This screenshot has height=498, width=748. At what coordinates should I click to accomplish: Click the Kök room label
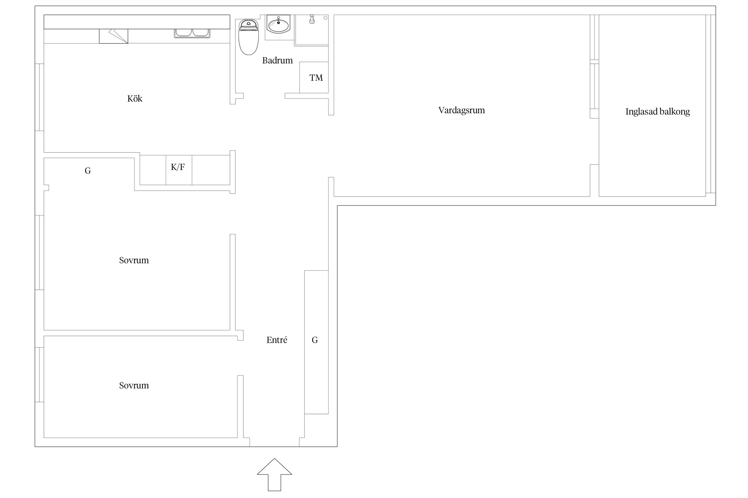coord(135,99)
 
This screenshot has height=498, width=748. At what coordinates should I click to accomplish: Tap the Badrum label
coord(277,60)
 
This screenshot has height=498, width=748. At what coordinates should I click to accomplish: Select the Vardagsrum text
coord(461,110)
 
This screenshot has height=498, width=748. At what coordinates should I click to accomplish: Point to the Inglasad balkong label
coord(658,112)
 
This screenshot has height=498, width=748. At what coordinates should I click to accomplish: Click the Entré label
coord(277,340)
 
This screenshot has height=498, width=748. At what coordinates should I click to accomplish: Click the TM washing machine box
coord(314,77)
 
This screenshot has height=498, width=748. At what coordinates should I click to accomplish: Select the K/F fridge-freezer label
coord(178,167)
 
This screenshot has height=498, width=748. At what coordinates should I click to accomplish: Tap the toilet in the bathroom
coord(248,37)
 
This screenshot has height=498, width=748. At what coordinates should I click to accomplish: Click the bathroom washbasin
coord(279,24)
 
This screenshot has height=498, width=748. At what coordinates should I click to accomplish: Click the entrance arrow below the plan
coord(275,474)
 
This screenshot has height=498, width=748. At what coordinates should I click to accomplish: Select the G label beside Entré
coord(315,340)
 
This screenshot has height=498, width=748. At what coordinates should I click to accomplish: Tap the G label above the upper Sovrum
coord(88,171)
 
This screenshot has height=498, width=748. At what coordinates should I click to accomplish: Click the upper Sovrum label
coord(134,260)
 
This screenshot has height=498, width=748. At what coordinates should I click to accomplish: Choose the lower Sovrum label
coord(134,385)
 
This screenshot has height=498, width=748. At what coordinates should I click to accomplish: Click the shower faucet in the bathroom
coord(312,19)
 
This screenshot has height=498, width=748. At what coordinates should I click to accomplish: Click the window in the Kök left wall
coord(39,97)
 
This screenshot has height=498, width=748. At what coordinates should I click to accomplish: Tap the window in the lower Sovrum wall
coord(39,375)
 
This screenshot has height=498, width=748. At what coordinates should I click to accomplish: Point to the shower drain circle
coord(325,18)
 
